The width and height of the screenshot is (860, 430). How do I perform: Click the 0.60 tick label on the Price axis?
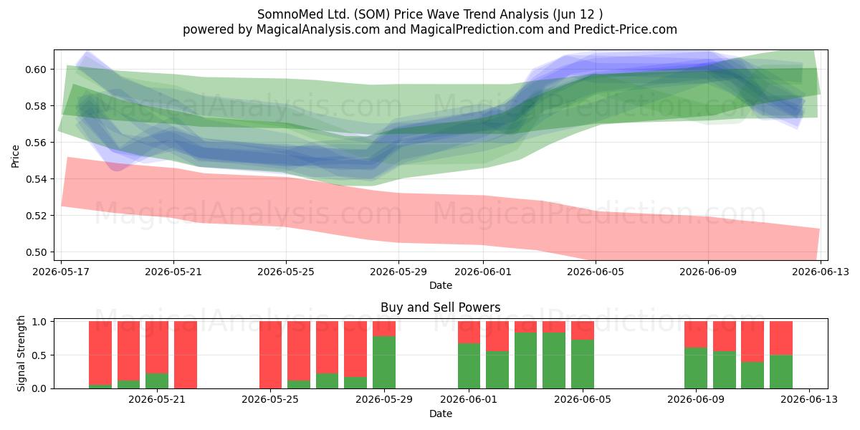(x=36, y=70)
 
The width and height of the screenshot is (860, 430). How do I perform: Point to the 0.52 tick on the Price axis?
(x=36, y=216)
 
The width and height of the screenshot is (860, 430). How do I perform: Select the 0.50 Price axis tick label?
(x=36, y=252)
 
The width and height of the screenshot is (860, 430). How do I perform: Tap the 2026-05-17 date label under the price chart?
(x=61, y=272)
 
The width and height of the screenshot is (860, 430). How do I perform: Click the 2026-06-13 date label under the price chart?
(x=821, y=272)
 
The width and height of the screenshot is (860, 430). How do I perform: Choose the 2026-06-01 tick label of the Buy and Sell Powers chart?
(x=469, y=399)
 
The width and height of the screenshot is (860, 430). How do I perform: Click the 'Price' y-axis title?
(x=15, y=156)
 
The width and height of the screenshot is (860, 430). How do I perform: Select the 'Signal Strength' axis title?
(x=21, y=353)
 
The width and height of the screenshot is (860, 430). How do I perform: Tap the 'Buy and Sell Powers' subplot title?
(x=440, y=307)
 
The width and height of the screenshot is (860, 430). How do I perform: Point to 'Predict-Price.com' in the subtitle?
(x=626, y=29)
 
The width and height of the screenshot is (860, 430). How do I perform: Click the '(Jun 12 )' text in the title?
(x=578, y=14)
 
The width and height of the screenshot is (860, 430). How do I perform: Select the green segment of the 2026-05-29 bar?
(x=384, y=363)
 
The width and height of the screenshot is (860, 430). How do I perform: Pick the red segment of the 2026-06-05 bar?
(x=583, y=330)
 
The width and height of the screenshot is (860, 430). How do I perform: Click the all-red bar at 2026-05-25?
(x=270, y=355)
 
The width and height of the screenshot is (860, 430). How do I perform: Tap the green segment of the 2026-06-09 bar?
(x=696, y=368)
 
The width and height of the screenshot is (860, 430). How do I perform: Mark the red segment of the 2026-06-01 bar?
(x=469, y=332)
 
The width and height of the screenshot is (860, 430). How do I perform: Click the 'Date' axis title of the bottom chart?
(x=440, y=414)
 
